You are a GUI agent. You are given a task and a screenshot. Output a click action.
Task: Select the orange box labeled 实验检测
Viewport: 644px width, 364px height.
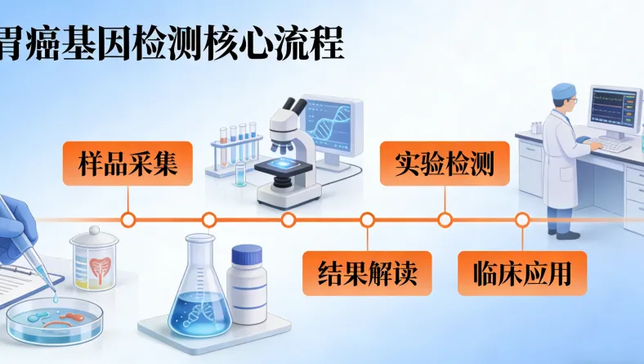click(445, 164)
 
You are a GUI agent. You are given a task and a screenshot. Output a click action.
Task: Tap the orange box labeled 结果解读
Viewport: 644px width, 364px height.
click(366, 273)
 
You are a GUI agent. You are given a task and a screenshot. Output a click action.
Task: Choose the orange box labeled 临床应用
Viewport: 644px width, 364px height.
click(523, 273)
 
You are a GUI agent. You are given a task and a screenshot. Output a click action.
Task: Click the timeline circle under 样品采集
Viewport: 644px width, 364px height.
click(127, 219)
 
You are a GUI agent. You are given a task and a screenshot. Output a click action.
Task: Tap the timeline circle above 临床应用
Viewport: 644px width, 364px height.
click(522, 219)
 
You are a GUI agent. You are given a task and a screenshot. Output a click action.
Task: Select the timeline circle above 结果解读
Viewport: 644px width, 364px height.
click(367, 219)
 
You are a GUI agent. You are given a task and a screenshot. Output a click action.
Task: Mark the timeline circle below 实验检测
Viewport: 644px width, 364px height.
click(445, 219)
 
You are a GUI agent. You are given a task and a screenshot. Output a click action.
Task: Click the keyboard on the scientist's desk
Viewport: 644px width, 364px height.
click(610, 146)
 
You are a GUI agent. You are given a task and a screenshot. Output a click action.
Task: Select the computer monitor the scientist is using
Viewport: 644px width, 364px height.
click(614, 110)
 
